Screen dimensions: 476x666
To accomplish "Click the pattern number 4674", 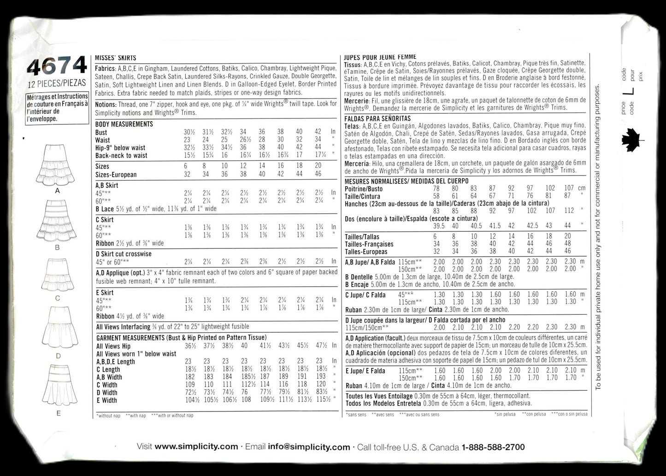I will [x=57, y=67].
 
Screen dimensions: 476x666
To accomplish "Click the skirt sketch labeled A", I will [x=58, y=164].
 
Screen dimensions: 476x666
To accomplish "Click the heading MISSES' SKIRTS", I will [x=115, y=58].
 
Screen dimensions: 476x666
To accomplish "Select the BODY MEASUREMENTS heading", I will [x=124, y=124].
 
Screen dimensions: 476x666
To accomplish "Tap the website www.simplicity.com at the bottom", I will [x=196, y=447].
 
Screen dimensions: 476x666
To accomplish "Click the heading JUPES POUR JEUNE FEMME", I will [x=380, y=57].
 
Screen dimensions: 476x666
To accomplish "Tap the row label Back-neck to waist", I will [x=121, y=155].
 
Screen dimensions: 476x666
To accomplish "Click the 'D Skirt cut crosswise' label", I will [x=124, y=254].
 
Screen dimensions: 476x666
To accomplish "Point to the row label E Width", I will [x=107, y=400].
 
